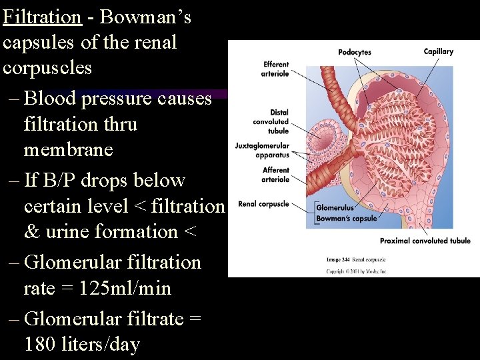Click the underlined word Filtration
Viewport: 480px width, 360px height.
pyautogui.click(x=42, y=17)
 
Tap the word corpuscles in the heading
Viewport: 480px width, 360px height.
pyautogui.click(x=47, y=68)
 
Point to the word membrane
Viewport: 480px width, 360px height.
pyautogui.click(x=68, y=150)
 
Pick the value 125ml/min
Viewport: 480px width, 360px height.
pyautogui.click(x=125, y=289)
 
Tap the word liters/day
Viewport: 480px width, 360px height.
pyautogui.click(x=102, y=344)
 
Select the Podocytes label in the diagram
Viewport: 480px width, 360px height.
pyautogui.click(x=355, y=52)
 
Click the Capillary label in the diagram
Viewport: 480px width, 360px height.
pyautogui.click(x=438, y=51)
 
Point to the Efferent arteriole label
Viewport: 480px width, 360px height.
pyautogui.click(x=275, y=69)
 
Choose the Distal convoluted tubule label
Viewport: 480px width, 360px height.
pyautogui.click(x=271, y=121)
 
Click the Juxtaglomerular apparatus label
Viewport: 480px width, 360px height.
pyautogui.click(x=262, y=150)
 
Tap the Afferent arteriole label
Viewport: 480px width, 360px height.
pyautogui.click(x=275, y=175)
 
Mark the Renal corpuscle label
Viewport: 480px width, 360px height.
pyautogui.click(x=263, y=204)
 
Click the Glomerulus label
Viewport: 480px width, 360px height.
pyautogui.click(x=335, y=208)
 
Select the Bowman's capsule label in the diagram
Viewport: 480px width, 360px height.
pyautogui.click(x=346, y=218)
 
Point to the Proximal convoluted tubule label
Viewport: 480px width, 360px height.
pyautogui.click(x=425, y=241)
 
